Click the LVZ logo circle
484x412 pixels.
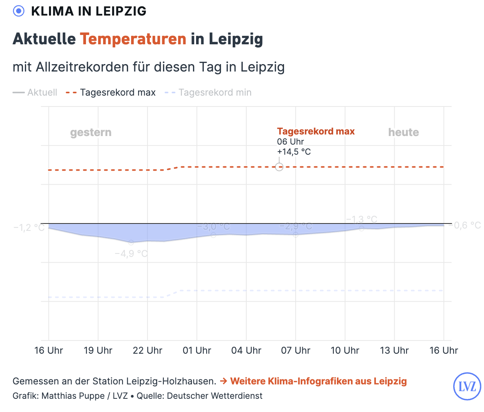pos(467,386)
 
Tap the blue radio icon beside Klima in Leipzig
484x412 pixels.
pos(19,11)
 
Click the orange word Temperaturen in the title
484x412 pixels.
pos(133,39)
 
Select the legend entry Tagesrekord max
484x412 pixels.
pos(117,93)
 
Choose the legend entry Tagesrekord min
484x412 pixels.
pos(215,93)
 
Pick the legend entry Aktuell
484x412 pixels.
pos(42,93)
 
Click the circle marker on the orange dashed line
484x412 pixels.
pos(279,167)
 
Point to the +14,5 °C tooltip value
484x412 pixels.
pos(294,152)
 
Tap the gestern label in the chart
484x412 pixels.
pos(91,133)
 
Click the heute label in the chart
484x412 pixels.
pos(403,133)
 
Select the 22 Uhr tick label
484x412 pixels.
pos(147,351)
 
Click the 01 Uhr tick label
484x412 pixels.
pos(197,351)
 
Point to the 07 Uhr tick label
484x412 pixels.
pos(296,351)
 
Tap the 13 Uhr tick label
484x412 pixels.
pos(394,351)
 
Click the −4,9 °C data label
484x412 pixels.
pos(131,254)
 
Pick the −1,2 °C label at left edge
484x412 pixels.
pos(29,227)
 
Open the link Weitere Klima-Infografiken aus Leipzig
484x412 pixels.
pos(318,381)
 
